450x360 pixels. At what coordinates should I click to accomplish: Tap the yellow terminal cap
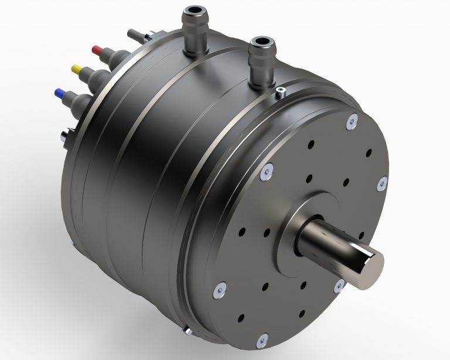pos(76,69)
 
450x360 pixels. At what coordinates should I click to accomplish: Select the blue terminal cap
pos(59,93)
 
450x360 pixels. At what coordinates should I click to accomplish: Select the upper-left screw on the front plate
pos(264,171)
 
